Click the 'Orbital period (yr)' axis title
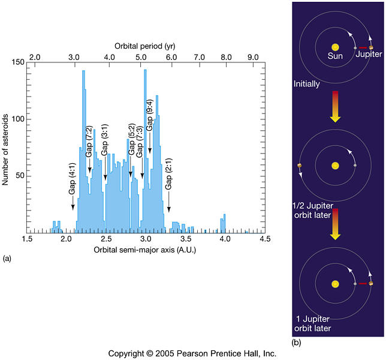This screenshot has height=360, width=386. [143, 46]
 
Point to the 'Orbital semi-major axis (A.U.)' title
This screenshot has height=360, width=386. [144, 250]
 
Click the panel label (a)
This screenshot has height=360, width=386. [7, 259]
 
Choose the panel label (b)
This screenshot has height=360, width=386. [296, 343]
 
